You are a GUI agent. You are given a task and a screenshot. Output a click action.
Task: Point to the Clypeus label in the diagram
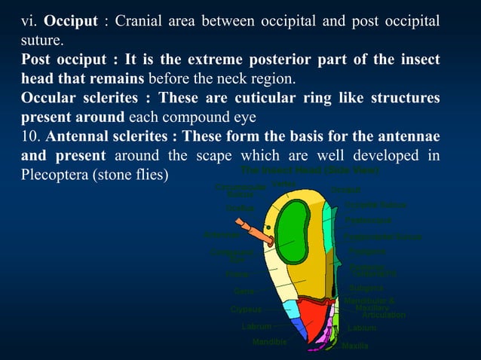pyautogui.click(x=247, y=310)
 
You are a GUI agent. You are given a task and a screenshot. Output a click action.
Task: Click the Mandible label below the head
pyautogui.click(x=270, y=342)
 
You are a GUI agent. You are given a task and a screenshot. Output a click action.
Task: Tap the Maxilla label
pyautogui.click(x=355, y=346)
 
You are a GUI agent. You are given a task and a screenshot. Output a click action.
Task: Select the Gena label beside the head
pyautogui.click(x=244, y=291)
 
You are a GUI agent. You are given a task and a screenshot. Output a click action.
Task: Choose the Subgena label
pyautogui.click(x=366, y=288)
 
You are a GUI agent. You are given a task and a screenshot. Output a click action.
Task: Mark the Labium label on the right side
pyautogui.click(x=362, y=328)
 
